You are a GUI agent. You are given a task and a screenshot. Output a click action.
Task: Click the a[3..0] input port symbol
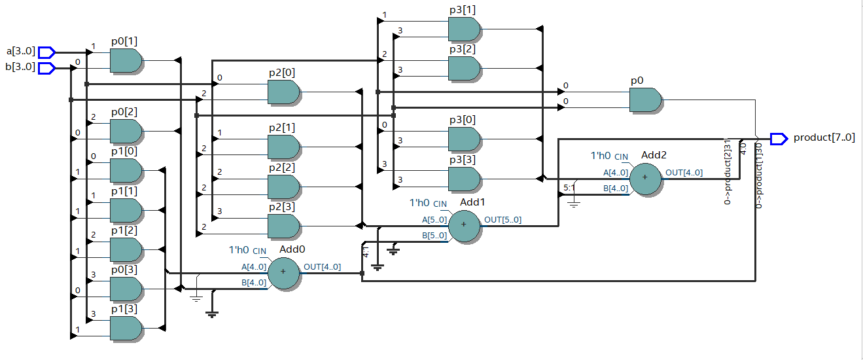coord(46,52)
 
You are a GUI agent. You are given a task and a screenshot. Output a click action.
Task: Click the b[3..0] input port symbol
coord(46,68)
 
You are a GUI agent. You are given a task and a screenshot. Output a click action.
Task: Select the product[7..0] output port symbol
coord(779,138)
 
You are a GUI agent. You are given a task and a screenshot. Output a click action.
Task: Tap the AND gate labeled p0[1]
coord(126,61)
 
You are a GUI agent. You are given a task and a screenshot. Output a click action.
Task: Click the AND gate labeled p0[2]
coord(126,132)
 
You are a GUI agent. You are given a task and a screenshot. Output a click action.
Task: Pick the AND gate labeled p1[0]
coord(126,170)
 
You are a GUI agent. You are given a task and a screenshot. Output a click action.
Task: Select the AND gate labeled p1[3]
coord(126,328)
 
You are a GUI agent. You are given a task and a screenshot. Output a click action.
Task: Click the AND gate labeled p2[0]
coord(284,92)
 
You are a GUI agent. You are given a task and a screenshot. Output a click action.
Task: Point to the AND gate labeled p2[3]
coord(284,226)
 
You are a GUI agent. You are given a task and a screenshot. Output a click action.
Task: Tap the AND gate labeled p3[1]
coord(464,29)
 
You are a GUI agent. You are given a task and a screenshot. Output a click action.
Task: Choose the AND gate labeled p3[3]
coord(464,178)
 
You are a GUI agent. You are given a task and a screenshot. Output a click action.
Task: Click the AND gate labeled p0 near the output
coord(645,100)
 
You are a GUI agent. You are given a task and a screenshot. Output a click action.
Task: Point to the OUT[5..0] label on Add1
coord(502,220)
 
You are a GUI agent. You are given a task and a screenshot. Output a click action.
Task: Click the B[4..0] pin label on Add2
coord(616,189)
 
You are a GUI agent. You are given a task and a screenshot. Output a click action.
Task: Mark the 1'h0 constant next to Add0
coord(239,250)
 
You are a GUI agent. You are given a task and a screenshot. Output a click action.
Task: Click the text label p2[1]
coord(281,126)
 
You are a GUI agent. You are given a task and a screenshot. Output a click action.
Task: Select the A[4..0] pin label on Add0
coord(254,267)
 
